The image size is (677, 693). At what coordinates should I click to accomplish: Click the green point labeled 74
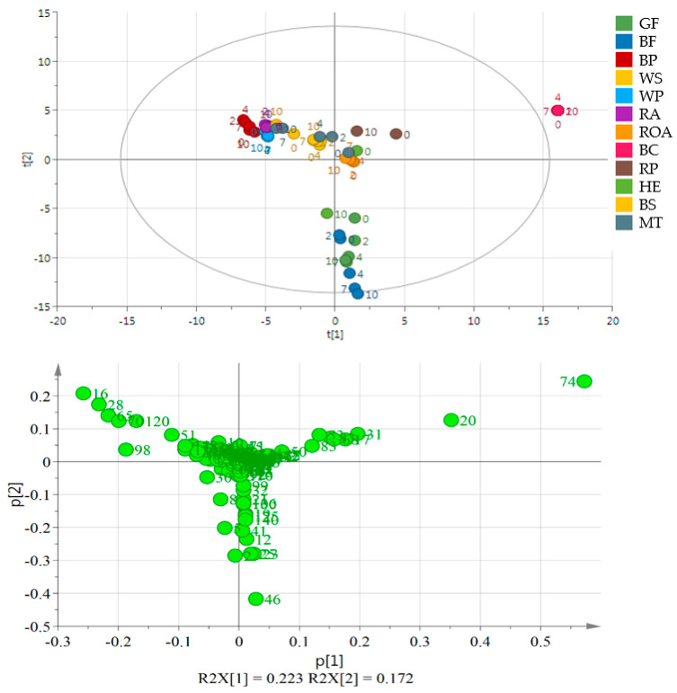pos(584,381)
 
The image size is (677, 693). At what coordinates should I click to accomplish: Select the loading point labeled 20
pos(451,420)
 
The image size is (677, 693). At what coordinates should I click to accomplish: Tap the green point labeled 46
pos(255,599)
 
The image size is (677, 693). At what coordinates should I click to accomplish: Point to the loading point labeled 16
pos(84,394)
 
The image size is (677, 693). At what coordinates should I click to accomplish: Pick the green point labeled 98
pos(126,449)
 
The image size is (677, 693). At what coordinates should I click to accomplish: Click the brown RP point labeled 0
pos(396,134)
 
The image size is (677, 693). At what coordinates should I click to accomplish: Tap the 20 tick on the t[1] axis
pos(612,320)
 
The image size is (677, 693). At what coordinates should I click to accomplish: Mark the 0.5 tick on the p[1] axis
pos(539,644)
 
